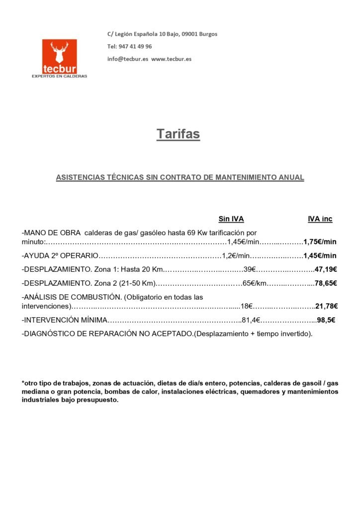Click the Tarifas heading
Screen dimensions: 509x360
pos(179,134)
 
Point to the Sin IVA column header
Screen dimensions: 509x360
pos(231,219)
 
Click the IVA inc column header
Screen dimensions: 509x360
pos(320,219)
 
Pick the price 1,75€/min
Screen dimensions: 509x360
pos(320,242)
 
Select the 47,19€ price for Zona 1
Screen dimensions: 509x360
pos(326,269)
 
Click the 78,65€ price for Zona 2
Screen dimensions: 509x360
pos(326,283)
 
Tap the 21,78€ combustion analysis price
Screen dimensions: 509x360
pos(326,306)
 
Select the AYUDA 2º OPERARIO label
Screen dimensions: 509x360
pos(61,256)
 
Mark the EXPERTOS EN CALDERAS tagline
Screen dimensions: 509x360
pos(59,76)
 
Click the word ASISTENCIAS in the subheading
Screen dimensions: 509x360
pos(79,177)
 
